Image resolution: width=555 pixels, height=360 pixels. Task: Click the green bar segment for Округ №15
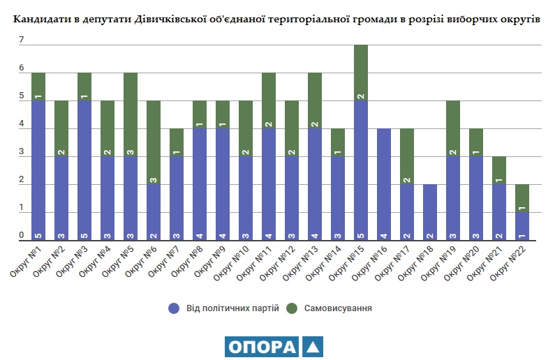[x=361, y=73]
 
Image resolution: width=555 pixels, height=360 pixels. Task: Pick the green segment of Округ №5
[x=131, y=114]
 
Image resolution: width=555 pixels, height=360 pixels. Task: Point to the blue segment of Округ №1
[x=38, y=170]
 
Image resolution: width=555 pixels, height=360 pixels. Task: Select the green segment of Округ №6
[x=154, y=142]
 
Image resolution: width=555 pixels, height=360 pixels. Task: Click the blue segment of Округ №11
[x=269, y=184]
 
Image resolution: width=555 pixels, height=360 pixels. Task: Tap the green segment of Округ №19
[x=453, y=128]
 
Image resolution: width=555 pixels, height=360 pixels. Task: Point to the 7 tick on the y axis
[x=22, y=40]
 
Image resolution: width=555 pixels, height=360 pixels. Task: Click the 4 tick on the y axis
[x=22, y=125]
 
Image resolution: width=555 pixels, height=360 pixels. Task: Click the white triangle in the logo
[x=313, y=347]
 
